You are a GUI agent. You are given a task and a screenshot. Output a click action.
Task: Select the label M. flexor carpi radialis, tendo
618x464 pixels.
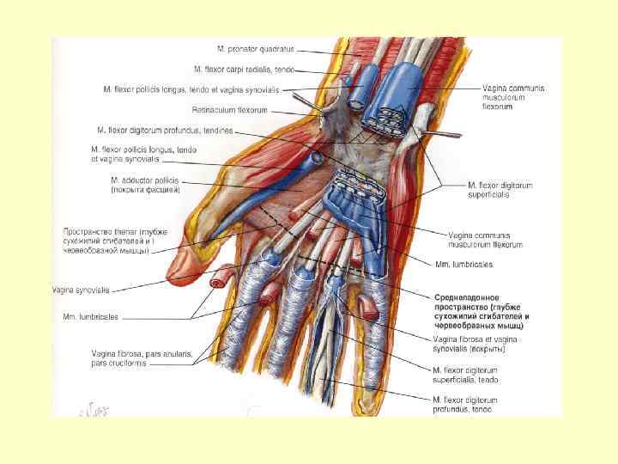[245, 68]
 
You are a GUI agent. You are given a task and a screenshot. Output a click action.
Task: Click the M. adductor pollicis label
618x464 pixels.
[143, 180]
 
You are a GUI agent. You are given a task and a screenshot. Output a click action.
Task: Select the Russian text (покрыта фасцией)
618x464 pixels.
[144, 191]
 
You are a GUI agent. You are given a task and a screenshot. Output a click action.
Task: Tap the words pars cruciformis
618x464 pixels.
[119, 363]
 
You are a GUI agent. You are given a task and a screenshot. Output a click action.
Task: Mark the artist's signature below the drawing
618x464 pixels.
[90, 411]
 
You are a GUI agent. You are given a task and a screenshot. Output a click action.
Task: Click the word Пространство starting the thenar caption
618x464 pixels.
[87, 232]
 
